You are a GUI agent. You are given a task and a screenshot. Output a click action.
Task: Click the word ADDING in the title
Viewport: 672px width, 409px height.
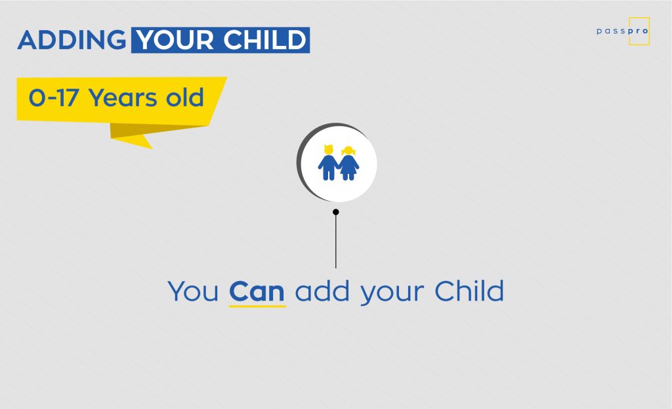72,40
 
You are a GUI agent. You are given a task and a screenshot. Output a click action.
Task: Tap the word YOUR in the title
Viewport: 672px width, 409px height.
175,40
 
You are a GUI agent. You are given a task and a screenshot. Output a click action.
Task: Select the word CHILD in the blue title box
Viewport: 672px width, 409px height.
264,40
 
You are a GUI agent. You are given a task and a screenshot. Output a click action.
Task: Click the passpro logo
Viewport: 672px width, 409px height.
623,32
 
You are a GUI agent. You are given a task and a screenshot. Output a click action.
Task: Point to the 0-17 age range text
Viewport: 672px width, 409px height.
54,97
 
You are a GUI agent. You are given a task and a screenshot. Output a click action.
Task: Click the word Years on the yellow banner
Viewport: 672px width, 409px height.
123,98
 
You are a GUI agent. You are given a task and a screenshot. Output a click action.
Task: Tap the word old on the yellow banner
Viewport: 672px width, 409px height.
184,97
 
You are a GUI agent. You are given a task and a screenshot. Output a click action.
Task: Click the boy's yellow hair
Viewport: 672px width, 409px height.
329,149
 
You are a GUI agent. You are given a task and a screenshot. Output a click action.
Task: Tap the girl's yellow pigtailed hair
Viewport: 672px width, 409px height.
348,150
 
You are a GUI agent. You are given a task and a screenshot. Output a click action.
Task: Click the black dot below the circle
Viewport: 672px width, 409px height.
335,212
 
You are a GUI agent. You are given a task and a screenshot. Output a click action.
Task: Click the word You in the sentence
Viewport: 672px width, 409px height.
193,291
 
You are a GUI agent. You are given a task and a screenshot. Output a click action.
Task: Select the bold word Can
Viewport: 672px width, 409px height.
257,291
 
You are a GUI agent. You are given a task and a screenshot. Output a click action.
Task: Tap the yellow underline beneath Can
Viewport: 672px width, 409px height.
257,306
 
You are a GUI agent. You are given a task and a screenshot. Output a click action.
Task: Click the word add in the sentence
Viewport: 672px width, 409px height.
322,291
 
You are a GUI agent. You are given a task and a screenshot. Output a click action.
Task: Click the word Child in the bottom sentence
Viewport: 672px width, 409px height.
469,291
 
